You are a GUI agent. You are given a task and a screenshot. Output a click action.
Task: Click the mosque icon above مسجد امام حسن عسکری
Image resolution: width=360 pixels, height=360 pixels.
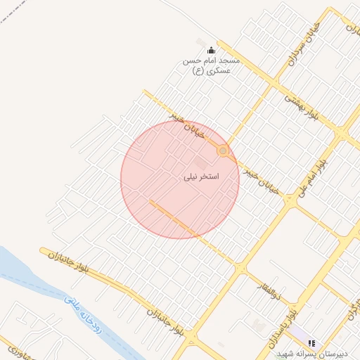[x=211, y=50]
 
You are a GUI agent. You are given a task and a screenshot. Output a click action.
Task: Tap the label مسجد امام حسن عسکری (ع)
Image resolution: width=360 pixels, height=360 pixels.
[x=211, y=65]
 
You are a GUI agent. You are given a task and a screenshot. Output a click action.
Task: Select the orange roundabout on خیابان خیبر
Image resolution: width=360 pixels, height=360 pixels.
[x=223, y=150]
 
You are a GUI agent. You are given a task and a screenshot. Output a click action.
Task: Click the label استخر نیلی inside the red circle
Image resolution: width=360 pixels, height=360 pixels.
[x=201, y=176]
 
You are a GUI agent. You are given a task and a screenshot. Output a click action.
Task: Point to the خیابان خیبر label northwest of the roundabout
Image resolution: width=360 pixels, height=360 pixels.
[x=188, y=123]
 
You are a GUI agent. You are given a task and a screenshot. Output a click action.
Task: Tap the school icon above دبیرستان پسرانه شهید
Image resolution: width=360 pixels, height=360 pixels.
[x=311, y=343]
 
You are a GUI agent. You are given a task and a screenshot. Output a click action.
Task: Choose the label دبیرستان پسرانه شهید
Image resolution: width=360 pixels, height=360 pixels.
[x=309, y=353]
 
